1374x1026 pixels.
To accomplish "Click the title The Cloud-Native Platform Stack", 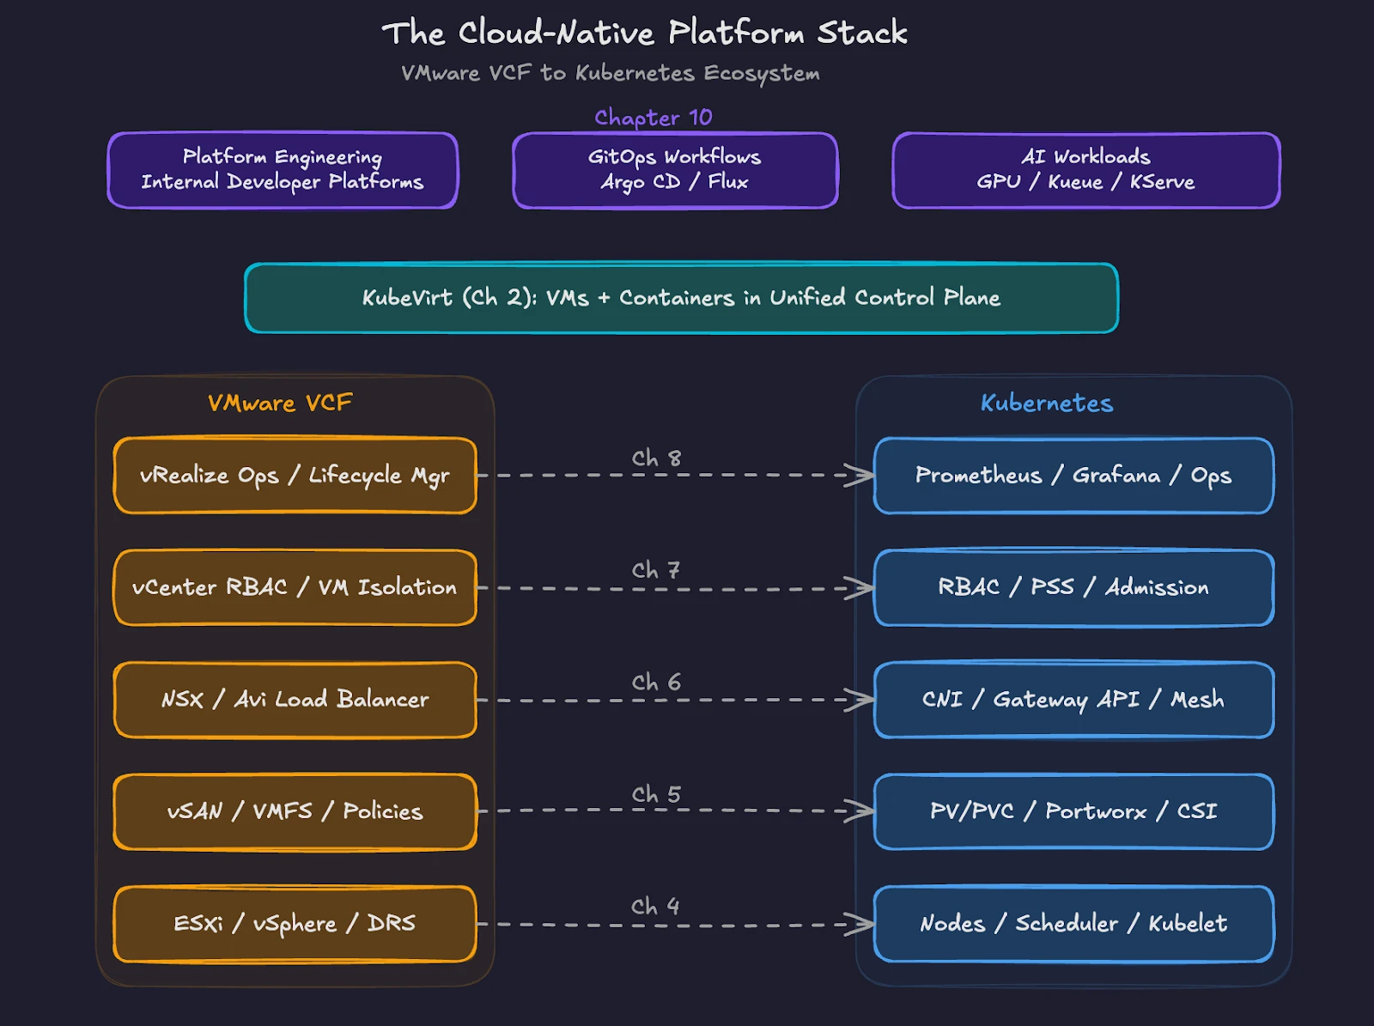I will coord(644,33).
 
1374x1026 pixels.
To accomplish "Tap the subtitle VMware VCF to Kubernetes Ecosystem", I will coord(610,73).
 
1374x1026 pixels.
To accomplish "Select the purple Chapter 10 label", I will coord(653,117).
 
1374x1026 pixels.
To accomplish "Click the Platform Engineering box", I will coord(283,170).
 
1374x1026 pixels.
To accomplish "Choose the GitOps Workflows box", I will coord(675,170).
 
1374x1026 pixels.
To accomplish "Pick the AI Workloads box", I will coord(1085,170).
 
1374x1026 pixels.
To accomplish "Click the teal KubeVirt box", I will coord(681,298).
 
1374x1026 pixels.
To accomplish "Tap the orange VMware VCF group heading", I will coord(280,403).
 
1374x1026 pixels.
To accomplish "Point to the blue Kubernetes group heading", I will coord(1046,403).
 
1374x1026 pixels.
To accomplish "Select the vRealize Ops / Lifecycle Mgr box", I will coord(295,476).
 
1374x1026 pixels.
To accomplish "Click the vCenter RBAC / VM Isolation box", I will coord(295,587).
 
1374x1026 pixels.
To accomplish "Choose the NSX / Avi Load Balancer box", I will coord(295,700).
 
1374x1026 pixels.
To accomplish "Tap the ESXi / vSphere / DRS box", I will coord(295,924).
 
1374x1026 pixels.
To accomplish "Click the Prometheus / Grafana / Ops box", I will coord(1073,476).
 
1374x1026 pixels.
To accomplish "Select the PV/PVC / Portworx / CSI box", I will coord(1073,811).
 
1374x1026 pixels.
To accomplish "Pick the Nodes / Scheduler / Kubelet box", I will coord(1073,924).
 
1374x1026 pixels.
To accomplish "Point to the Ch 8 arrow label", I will coord(656,458).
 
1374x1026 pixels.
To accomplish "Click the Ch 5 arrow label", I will coord(656,794).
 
